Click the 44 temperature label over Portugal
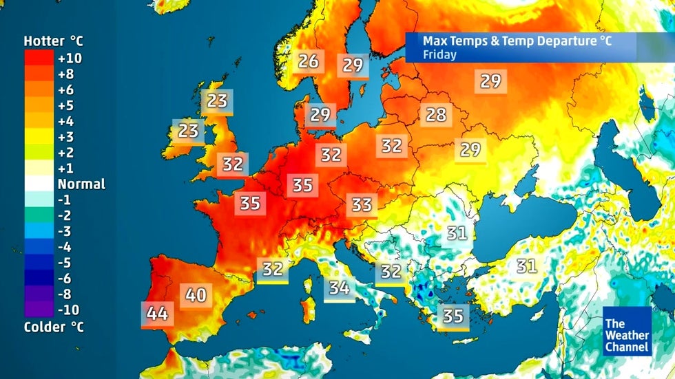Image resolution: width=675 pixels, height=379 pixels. point(157,314)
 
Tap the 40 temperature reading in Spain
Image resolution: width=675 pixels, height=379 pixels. point(196,295)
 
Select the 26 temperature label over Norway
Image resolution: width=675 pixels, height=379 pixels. point(308,61)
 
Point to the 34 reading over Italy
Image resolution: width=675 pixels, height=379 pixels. point(338,288)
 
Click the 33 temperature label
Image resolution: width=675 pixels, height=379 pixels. point(362,204)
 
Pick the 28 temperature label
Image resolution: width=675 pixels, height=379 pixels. point(436,114)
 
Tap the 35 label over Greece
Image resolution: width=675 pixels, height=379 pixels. point(453,316)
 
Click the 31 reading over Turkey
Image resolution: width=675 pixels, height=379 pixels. point(527,266)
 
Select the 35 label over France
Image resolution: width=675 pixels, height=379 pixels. point(250,203)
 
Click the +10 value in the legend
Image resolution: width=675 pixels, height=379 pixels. point(70,58)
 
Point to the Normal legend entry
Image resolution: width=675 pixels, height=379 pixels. point(81,184)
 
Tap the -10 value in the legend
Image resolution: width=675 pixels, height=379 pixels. point(70,310)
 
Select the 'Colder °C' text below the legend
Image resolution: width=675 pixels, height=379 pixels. point(54,327)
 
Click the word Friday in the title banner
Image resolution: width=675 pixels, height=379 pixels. point(439,54)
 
